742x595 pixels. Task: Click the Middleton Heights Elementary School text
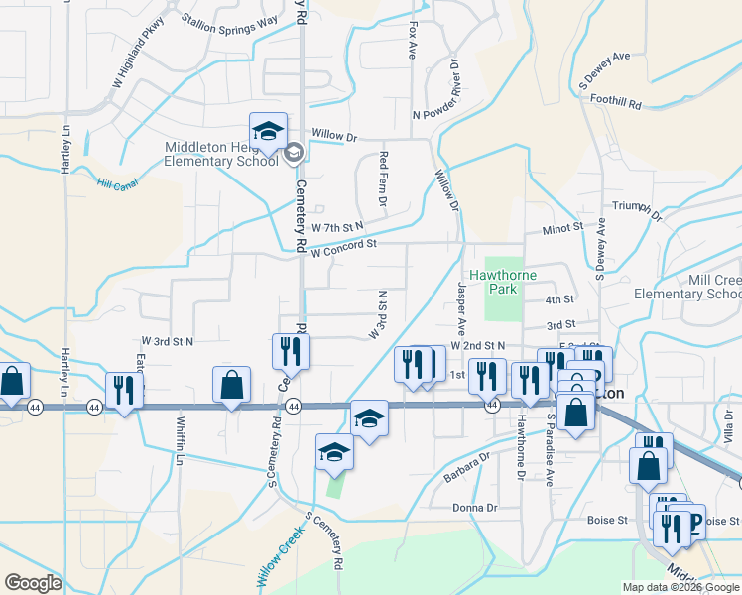click(221, 155)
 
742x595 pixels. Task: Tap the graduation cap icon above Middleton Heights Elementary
click(268, 132)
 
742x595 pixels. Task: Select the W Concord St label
click(343, 247)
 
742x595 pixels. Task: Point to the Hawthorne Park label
click(493, 282)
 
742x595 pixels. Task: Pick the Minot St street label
click(562, 228)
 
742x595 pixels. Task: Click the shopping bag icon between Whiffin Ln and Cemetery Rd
click(231, 386)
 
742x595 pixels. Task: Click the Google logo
click(34, 583)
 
